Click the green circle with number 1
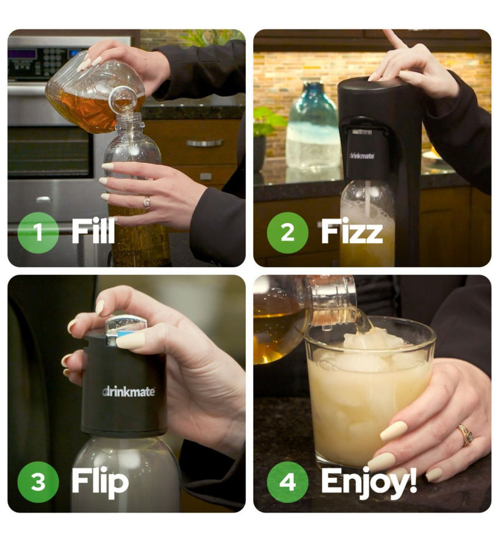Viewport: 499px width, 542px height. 38,232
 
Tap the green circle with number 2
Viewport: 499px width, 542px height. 288,232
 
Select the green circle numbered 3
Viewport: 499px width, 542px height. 38,482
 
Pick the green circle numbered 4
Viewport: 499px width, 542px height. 288,482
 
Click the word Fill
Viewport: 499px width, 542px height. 93,231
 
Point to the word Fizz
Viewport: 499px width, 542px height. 352,231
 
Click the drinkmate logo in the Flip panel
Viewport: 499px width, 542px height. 128,391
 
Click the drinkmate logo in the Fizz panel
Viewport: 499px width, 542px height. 362,156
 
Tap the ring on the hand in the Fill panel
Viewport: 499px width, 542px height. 147,202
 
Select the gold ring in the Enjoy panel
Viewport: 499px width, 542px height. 467,434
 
